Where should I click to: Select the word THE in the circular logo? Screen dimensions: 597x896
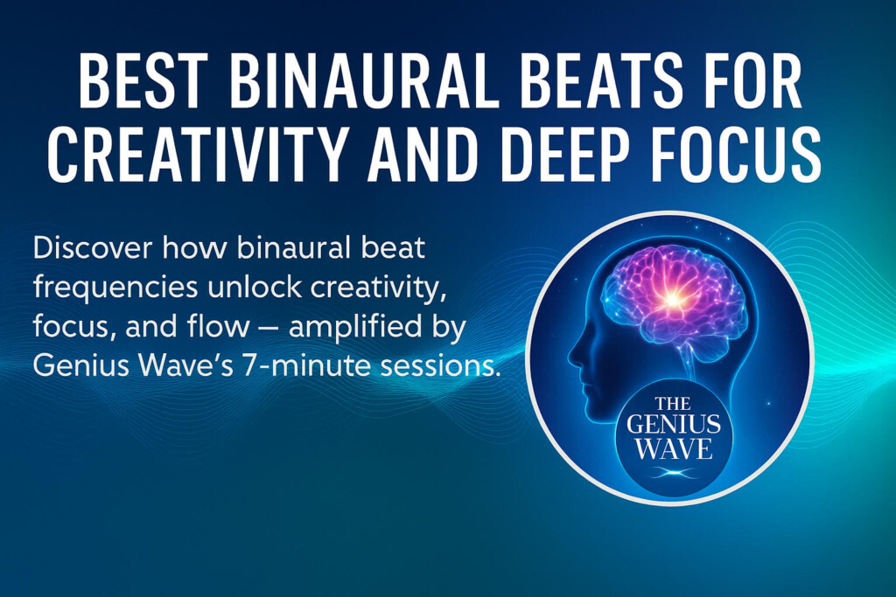674,404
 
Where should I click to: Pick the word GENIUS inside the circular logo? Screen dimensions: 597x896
674,427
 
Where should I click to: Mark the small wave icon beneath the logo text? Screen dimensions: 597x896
674,473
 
